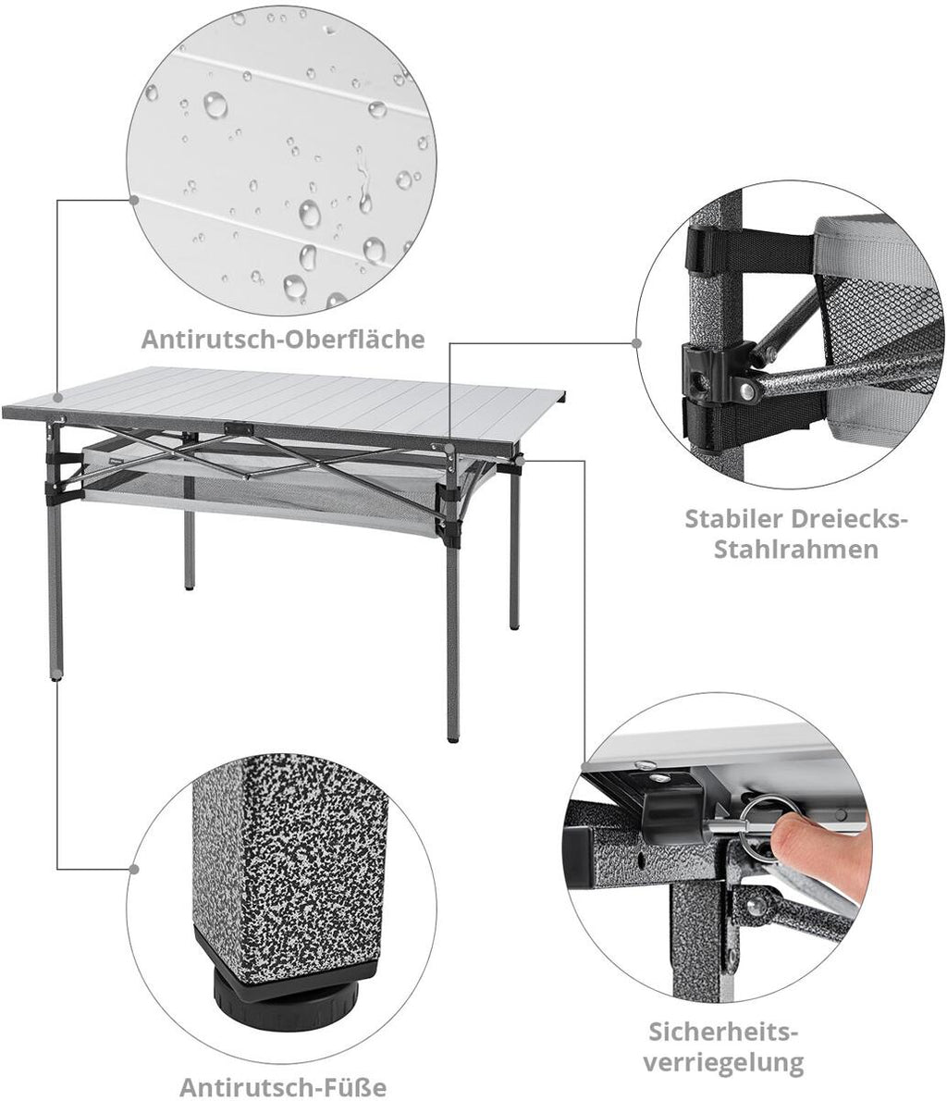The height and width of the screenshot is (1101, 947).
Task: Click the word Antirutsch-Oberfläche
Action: point(283,340)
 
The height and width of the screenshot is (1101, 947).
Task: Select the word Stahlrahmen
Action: point(796,549)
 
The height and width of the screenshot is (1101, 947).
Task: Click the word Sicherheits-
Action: point(723,1033)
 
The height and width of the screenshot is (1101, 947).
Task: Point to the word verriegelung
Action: point(723,1062)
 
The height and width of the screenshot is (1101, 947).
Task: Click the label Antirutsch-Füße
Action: point(283,1087)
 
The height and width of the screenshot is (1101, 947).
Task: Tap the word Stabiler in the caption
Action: point(732,519)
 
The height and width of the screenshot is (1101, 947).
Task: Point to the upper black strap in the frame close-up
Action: point(750,248)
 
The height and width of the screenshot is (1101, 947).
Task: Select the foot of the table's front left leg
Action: point(56,676)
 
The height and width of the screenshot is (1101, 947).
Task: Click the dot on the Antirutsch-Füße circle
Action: point(134,870)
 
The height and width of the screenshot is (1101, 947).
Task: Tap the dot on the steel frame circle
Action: point(636,343)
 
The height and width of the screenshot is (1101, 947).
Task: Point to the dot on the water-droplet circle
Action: point(133,200)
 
